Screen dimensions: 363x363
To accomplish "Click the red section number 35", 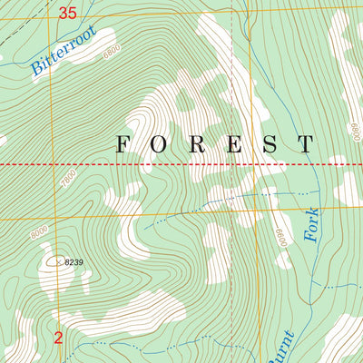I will click(x=66, y=13).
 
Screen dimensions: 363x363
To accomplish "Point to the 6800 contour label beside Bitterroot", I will click(x=111, y=54).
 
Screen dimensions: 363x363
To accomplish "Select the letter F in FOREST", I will click(x=123, y=143).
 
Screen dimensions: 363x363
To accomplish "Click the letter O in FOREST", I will click(x=161, y=143).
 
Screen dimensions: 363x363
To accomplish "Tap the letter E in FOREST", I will click(x=233, y=143).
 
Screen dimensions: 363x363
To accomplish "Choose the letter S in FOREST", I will click(x=270, y=143).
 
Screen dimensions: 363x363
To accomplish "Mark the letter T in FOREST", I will click(x=306, y=143).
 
